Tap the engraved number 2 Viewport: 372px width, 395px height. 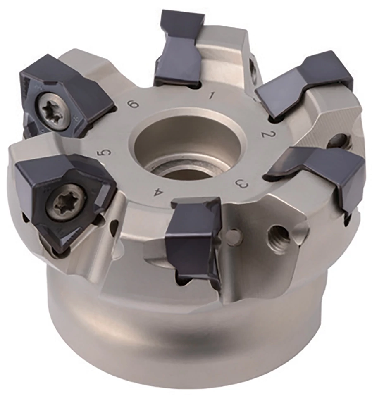pyautogui.click(x=267, y=133)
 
